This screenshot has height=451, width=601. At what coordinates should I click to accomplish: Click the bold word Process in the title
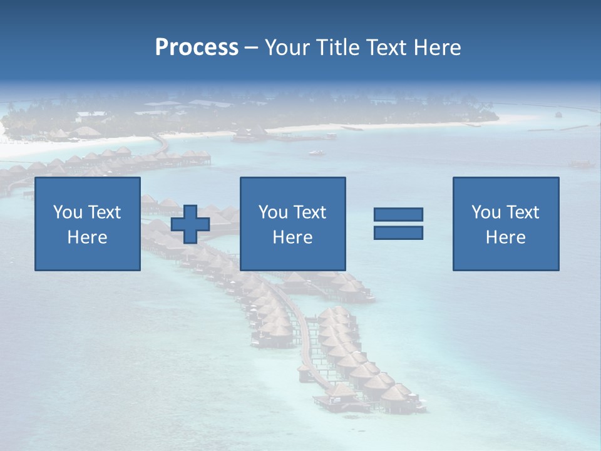click(197, 48)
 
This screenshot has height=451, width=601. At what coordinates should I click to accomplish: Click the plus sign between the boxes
click(190, 224)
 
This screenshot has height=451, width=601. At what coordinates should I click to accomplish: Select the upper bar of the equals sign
click(398, 214)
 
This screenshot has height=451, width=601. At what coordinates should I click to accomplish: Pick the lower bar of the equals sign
click(398, 232)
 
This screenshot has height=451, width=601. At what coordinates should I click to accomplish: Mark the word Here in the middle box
click(292, 237)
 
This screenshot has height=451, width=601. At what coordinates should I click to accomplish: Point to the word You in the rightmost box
click(486, 212)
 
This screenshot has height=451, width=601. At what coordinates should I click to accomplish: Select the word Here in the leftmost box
click(88, 237)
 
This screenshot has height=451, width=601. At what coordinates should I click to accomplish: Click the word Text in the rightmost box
click(523, 212)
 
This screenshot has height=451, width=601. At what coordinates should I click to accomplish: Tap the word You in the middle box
click(273, 212)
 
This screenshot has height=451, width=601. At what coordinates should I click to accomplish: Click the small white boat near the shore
click(317, 152)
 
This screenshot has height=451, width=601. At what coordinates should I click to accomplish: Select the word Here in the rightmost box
click(506, 237)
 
